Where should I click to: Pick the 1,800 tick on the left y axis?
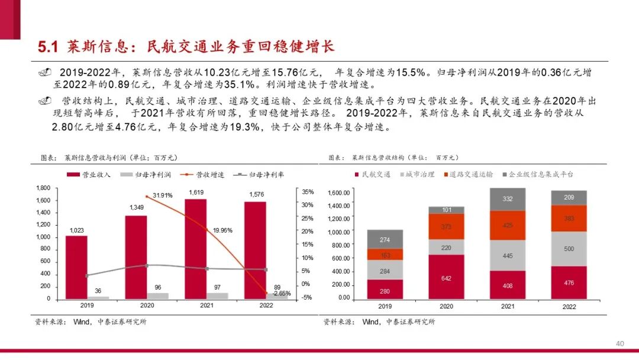point(43,188)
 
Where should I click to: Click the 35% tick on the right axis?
point(308,192)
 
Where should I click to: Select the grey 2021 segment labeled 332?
point(508,199)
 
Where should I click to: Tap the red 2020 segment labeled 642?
point(446,277)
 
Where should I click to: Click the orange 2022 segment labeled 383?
point(569,218)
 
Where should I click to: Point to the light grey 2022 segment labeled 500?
point(569,249)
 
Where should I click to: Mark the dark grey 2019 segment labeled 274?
point(385,239)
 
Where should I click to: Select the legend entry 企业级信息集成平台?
point(541,175)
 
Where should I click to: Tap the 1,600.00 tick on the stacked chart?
point(339,193)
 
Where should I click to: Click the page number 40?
point(620,343)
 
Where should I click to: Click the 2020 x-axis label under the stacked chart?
point(446,307)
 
